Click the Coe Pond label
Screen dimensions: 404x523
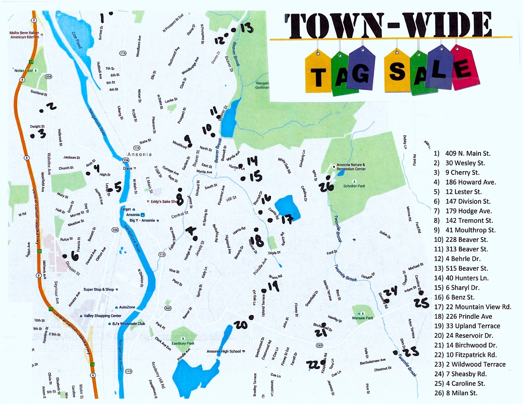coord(77,40)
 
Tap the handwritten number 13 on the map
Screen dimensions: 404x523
coord(247,28)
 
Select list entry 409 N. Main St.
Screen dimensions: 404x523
coord(462,153)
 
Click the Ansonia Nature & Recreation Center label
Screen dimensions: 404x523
coord(351,167)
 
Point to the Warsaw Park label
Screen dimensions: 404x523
coord(363,318)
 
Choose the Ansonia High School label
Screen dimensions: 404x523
coord(224,351)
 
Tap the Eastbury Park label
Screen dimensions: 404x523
coord(183,343)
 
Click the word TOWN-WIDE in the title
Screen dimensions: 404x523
coord(388,25)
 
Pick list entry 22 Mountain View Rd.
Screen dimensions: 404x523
coord(473,307)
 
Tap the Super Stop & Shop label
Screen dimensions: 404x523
coord(98,289)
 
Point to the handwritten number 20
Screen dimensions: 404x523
coord(241,325)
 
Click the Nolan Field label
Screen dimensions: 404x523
coord(24,71)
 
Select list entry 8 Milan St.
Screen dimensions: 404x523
coord(456,393)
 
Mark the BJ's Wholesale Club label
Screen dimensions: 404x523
coord(128,324)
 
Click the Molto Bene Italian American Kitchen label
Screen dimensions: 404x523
coord(24,35)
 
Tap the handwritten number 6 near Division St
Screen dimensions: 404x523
coord(75,256)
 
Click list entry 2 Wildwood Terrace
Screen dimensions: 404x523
coord(470,364)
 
